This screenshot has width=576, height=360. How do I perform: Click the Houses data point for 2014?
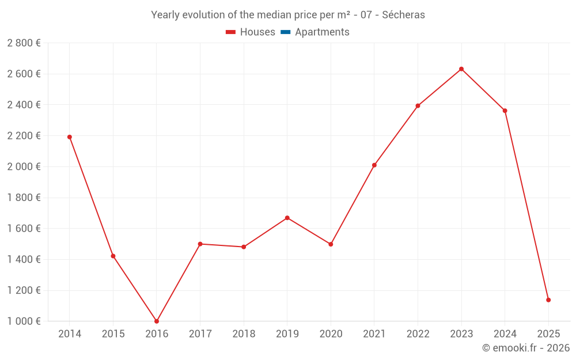coord(70,137)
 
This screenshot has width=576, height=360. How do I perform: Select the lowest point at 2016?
coord(157,321)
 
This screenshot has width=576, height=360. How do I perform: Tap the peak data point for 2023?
coord(461,69)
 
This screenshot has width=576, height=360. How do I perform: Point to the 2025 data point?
coord(548,300)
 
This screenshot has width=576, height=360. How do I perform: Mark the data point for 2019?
coord(287,218)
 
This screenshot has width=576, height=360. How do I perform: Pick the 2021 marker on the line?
coord(374,165)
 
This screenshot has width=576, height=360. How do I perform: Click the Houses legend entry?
coord(251,32)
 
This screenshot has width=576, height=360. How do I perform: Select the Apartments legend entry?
coord(315,32)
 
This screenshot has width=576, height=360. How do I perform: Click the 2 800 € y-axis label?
coord(24,43)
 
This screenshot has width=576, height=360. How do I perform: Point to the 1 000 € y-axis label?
coord(24,321)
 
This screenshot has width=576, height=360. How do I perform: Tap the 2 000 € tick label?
coord(24,167)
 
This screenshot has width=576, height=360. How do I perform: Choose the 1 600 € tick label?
coord(24,229)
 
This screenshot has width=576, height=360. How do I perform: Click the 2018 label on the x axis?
coord(244,334)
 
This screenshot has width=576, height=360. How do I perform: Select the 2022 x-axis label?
coord(418,334)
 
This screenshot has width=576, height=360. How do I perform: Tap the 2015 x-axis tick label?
coord(113,334)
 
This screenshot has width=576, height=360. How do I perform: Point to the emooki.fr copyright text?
coord(526,348)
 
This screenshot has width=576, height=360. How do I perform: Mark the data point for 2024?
coord(505,111)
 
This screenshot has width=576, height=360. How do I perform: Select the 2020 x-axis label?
coord(331,334)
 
